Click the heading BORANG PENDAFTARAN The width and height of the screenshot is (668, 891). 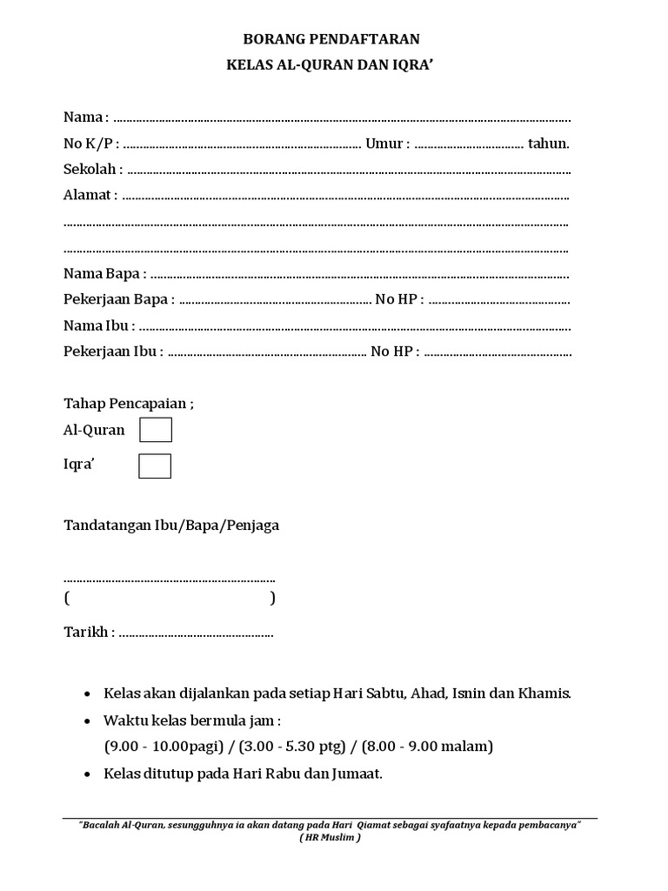[x=335, y=39]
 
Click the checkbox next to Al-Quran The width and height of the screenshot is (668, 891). [x=156, y=430]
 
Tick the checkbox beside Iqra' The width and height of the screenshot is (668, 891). [x=155, y=466]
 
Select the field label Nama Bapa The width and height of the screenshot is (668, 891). [x=101, y=274]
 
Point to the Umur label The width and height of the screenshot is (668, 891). [x=384, y=144]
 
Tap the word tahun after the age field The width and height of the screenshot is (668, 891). [x=548, y=144]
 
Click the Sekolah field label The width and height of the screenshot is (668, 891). [x=90, y=170]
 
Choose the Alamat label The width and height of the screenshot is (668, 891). [x=87, y=196]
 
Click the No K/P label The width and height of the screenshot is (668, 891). [x=88, y=144]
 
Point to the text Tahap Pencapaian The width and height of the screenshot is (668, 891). [x=125, y=404]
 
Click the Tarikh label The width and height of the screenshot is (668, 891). [x=86, y=632]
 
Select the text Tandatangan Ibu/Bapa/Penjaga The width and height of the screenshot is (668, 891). [x=171, y=526]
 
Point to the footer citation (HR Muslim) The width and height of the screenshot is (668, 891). [x=330, y=837]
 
